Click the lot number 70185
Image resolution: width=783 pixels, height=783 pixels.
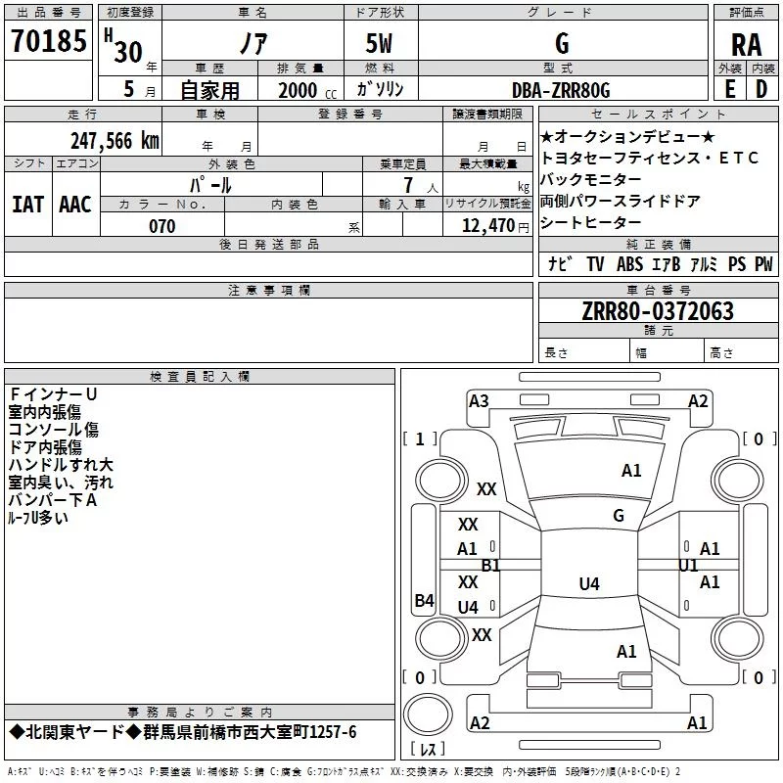click(48, 40)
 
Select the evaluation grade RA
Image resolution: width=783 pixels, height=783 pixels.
click(747, 45)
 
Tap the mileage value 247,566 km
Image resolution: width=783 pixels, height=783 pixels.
click(115, 141)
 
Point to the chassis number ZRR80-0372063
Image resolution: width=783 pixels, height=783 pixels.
click(658, 311)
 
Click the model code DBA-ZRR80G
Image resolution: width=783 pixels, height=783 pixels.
click(561, 90)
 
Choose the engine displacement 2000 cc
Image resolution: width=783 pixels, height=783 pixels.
click(307, 90)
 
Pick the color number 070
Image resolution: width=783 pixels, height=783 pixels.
click(162, 226)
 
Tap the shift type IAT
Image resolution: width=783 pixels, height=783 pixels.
click(27, 205)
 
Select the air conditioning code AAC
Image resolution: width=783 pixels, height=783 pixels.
click(75, 205)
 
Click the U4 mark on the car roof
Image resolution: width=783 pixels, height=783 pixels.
click(589, 583)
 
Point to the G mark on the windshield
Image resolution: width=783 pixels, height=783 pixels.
click(619, 516)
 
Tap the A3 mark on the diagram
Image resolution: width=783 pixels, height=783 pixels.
click(479, 401)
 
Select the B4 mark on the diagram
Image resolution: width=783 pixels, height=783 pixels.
click(425, 600)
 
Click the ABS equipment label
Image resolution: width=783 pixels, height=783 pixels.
click(629, 263)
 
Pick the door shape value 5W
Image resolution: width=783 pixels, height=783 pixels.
click(379, 43)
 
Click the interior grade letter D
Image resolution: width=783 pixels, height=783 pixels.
click(761, 89)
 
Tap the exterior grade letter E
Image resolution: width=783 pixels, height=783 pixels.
click(729, 89)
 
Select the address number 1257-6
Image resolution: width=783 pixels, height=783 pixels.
click(333, 732)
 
